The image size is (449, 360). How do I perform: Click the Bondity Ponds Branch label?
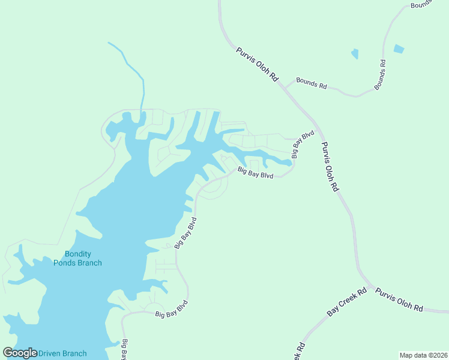77,259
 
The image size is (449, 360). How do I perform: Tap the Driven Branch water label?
62,353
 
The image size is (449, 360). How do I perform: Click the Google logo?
20,353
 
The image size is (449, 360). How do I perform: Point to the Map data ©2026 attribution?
423,355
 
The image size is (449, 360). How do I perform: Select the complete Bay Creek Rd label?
346,303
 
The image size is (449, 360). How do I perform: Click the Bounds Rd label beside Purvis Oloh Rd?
311,83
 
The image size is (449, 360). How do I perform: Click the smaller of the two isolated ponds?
355,54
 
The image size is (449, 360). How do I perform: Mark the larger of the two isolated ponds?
399,48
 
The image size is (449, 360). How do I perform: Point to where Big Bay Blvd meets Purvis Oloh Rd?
316,128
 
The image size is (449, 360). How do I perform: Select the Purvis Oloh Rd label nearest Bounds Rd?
258,64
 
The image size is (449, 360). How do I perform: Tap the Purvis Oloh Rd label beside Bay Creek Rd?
399,299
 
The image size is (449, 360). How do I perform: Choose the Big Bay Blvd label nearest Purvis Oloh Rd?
303,145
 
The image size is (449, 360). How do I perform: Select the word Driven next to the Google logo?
50,353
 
